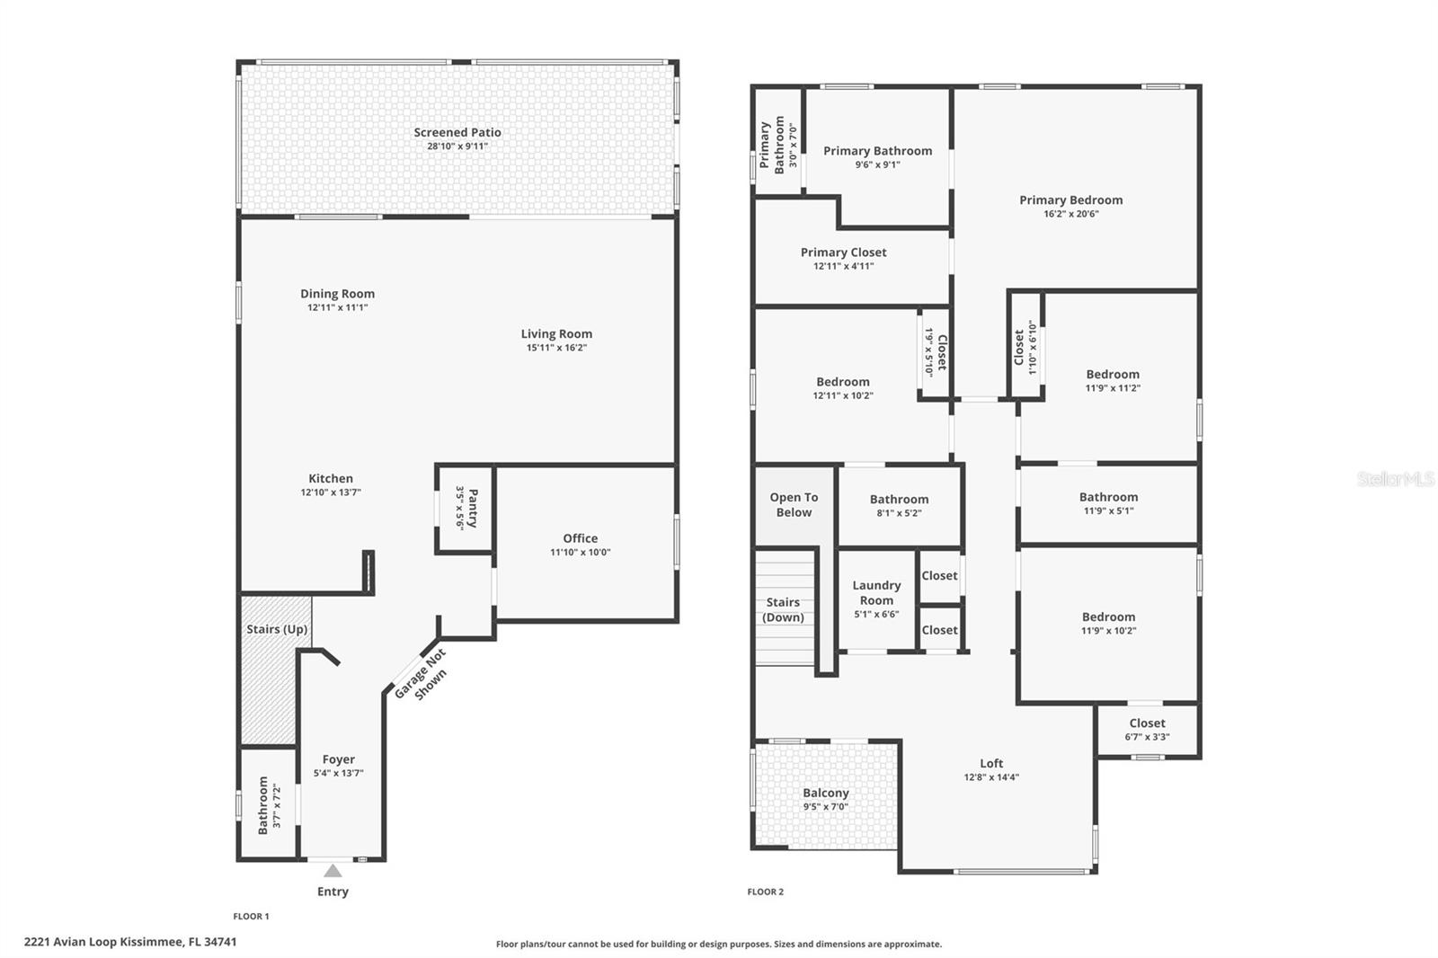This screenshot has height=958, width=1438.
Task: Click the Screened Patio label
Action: [457, 132]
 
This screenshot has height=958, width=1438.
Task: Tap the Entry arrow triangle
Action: [333, 871]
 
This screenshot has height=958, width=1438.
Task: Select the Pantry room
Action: [465, 508]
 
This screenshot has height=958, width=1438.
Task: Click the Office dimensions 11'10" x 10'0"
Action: [580, 553]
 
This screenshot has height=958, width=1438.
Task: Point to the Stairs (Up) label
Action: [277, 629]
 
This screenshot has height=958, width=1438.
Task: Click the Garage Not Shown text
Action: [421, 674]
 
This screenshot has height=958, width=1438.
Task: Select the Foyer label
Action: [339, 759]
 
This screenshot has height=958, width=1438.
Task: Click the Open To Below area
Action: [794, 505]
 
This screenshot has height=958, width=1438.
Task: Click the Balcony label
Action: [825, 793]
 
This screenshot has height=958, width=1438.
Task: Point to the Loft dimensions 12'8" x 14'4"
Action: [991, 777]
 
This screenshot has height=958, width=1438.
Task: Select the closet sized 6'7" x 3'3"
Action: [1147, 729]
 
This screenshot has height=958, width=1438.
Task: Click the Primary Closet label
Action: [843, 253]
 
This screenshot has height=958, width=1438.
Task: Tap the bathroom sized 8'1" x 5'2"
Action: [899, 505]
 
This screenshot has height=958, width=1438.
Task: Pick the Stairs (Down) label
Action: [783, 609]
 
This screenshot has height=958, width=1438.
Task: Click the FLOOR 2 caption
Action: [766, 891]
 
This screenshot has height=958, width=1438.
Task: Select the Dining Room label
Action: [337, 294]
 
